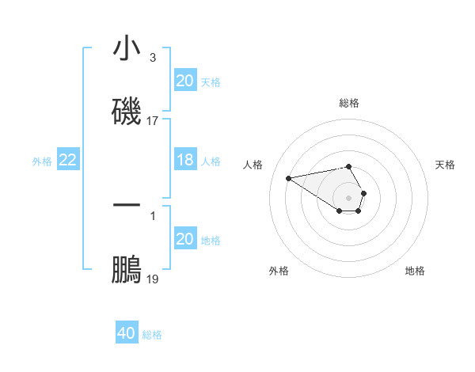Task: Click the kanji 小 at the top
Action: point(127,49)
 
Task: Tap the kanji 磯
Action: point(127,110)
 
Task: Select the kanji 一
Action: point(127,204)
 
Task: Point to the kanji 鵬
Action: point(127,270)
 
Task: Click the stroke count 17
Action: point(153,121)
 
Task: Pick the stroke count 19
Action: point(153,279)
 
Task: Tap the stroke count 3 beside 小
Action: point(153,58)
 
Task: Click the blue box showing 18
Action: point(184,161)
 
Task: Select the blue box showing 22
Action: point(68,161)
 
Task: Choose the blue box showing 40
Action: point(127,333)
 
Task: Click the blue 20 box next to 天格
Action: point(184,80)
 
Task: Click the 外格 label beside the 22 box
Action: point(42,161)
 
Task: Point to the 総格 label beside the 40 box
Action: point(152,334)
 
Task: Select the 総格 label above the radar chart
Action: point(349,103)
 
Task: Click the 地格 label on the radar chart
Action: point(415,271)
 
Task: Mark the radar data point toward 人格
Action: point(288,177)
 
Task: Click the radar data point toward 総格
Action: point(348,167)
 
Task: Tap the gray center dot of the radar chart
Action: point(348,197)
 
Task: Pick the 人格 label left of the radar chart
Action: point(253,165)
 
